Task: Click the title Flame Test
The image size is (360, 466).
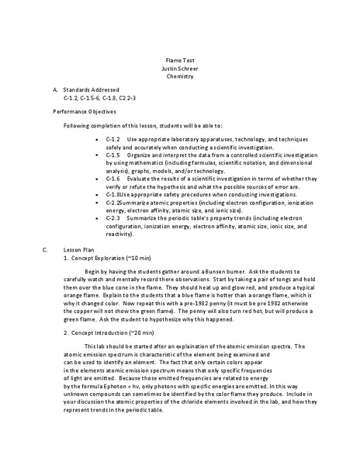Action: click(x=180, y=59)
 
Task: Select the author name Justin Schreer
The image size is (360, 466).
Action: click(x=180, y=68)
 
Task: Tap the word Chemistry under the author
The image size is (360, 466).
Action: click(x=180, y=76)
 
